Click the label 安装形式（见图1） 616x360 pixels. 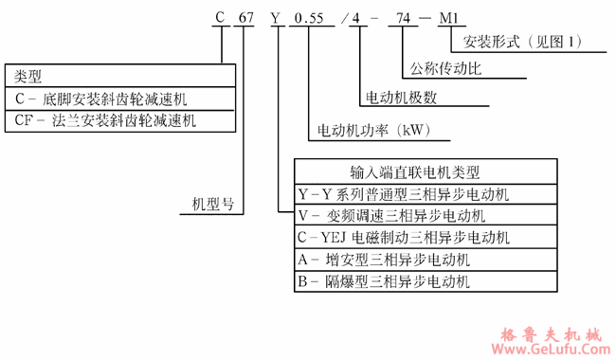point(522,43)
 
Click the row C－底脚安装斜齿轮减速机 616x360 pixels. point(105,99)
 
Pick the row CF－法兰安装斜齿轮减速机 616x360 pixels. point(110,120)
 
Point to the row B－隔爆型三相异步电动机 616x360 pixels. point(384,281)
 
